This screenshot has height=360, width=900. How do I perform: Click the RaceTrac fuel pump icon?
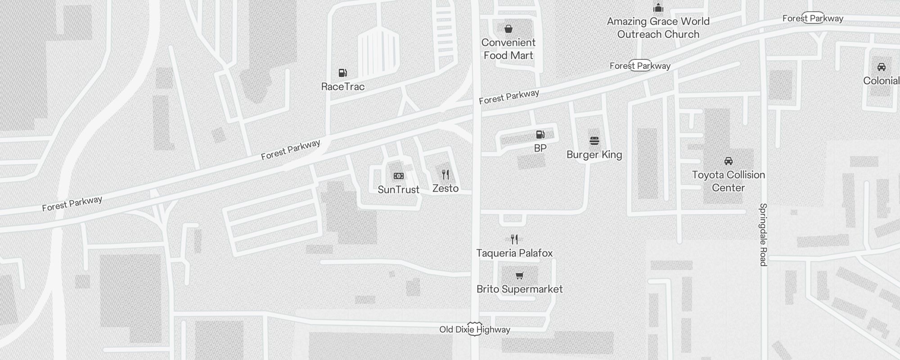coord(342,73)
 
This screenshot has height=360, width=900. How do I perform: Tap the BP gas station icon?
coord(540,134)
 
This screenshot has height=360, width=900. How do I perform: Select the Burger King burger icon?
coord(594,141)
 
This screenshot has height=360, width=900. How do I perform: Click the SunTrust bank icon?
coord(399,176)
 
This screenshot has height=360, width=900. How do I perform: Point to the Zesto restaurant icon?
coord(445,175)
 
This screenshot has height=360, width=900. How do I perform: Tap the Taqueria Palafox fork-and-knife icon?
coord(514,239)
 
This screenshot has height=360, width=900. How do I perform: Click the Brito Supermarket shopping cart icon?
coord(520,275)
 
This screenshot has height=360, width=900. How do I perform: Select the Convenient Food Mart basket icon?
coord(508,29)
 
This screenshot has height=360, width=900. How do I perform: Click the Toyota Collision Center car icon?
coord(728,161)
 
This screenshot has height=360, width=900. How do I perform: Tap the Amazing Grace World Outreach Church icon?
coord(658,8)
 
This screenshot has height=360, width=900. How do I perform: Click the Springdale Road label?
coord(763,234)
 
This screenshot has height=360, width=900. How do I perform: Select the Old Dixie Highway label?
coord(475,330)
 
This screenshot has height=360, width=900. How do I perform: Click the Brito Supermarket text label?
coord(520,289)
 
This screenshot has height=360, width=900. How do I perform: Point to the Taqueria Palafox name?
coord(514,253)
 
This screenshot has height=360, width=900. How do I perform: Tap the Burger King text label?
coord(594,155)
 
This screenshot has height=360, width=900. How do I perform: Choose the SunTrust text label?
coord(399,190)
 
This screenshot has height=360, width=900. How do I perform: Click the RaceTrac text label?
coord(343,87)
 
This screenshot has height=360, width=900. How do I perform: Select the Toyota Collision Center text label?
coord(728,181)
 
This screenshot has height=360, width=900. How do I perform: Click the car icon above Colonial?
coord(881,67)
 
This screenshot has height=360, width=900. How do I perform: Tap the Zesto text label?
coord(445,189)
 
